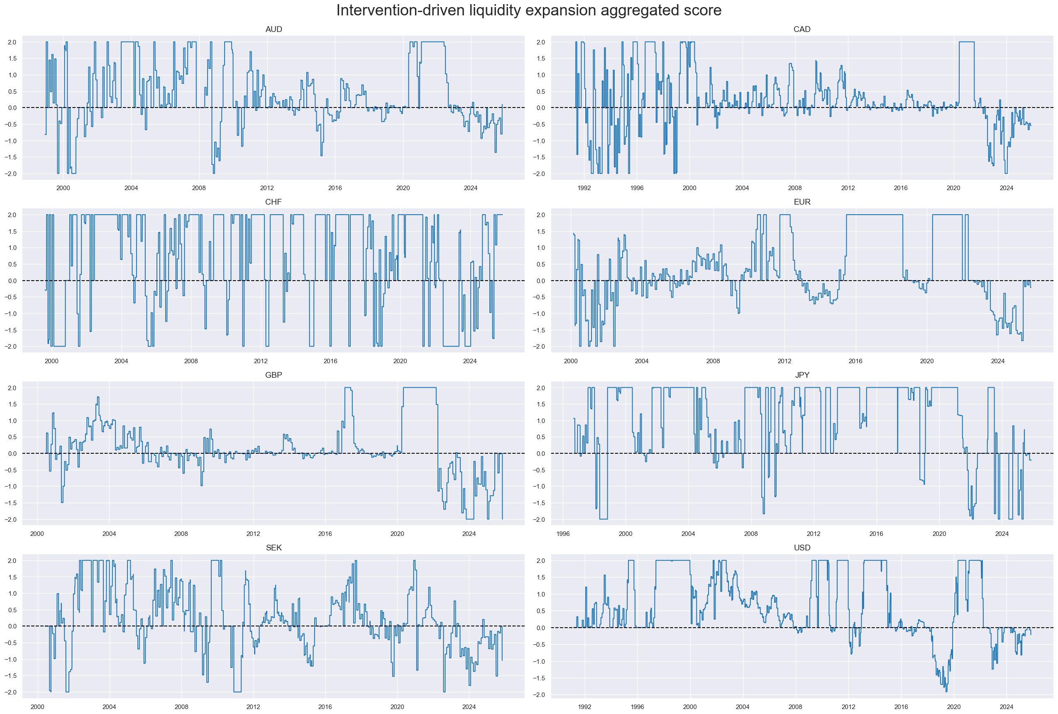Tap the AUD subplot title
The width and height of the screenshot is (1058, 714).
(274, 29)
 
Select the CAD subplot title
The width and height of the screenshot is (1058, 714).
(801, 29)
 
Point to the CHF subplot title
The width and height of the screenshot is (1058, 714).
(274, 202)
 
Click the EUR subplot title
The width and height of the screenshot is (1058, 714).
(801, 202)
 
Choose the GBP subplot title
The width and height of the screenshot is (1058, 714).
(274, 375)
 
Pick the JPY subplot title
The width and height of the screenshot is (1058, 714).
(801, 375)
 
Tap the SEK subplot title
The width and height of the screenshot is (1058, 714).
(274, 548)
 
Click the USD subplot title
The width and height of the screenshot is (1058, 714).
(801, 548)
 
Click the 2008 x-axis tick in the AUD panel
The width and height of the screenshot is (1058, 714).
(199, 188)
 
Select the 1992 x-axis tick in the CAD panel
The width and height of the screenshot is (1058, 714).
(584, 188)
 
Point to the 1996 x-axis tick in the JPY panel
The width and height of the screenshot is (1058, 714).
(563, 534)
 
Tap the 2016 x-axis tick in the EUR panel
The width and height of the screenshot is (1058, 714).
(855, 361)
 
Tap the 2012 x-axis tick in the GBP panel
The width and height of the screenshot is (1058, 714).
(253, 534)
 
